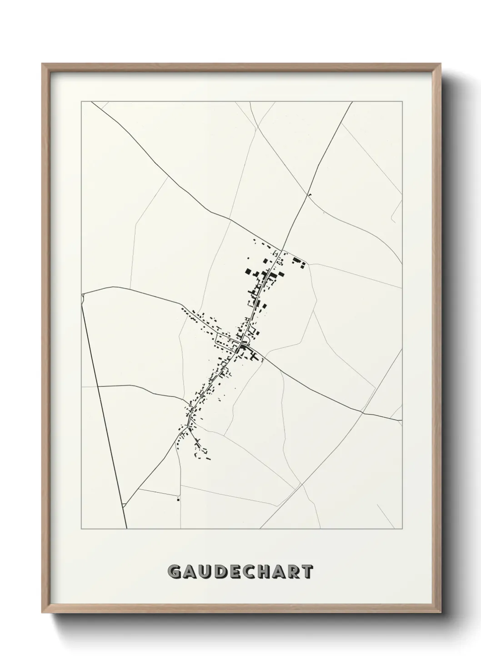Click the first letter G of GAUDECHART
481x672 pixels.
175,572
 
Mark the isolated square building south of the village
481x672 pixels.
178,499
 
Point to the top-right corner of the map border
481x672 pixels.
402,102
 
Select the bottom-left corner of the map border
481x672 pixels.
81,529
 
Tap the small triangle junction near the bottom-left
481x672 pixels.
123,505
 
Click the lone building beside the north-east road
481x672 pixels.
310,196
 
